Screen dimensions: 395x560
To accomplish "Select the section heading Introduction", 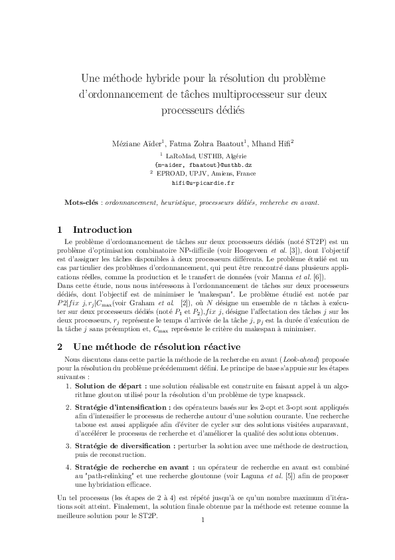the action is [102, 230].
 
